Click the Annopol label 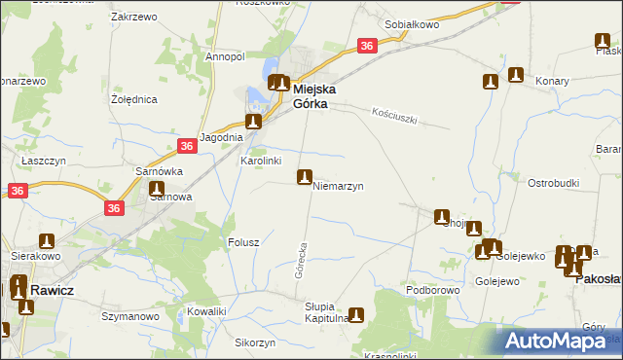pos(224,56)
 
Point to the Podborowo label pos(432,290)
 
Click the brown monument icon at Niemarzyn pos(305,177)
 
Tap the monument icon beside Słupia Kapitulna pos(356,314)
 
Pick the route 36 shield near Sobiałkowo pos(366,46)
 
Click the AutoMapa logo pos(561,341)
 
